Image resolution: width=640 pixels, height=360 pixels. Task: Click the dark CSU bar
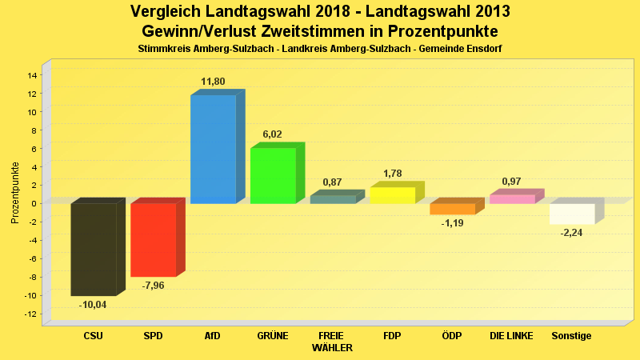click(94, 249)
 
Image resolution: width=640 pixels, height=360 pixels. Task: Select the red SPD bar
click(153, 239)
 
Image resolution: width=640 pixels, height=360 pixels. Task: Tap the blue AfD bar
click(213, 149)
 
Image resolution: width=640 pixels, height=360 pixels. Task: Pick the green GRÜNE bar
click(273, 175)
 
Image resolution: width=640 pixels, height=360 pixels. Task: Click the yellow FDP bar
click(392, 195)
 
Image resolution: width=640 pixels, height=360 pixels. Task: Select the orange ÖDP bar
click(452, 209)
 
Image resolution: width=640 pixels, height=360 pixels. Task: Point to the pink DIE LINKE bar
click(512, 199)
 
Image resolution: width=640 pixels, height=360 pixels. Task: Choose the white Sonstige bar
click(572, 214)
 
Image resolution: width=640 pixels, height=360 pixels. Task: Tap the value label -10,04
click(93, 305)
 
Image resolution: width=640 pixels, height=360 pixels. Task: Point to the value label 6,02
click(272, 134)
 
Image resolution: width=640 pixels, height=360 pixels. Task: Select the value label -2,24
click(571, 232)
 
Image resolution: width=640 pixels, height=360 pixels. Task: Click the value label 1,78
click(392, 174)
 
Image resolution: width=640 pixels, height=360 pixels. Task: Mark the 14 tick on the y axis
click(33, 75)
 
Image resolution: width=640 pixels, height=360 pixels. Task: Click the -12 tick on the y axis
click(31, 314)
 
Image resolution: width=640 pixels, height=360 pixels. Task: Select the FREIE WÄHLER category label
click(332, 342)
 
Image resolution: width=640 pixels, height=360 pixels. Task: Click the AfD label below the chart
click(213, 336)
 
